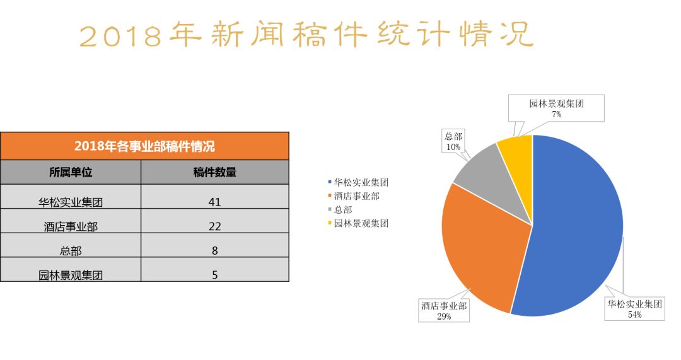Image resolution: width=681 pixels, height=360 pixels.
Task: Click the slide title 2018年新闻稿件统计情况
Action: [306, 34]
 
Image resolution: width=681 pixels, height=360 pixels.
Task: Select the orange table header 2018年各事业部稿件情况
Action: [144, 146]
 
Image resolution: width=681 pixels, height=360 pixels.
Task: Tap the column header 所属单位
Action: [71, 172]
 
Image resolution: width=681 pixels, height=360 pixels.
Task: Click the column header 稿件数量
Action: [215, 172]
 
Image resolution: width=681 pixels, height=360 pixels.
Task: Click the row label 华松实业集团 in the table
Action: [71, 202]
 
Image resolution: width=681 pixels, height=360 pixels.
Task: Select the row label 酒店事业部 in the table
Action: [71, 226]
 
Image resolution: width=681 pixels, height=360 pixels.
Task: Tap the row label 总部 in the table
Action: [71, 250]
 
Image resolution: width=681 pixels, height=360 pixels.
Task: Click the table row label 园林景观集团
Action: [71, 275]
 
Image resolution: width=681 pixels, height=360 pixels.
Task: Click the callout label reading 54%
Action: [634, 309]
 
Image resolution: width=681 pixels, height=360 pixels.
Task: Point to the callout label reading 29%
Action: [444, 311]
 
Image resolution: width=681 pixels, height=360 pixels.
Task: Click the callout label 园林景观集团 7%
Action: [556, 108]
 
